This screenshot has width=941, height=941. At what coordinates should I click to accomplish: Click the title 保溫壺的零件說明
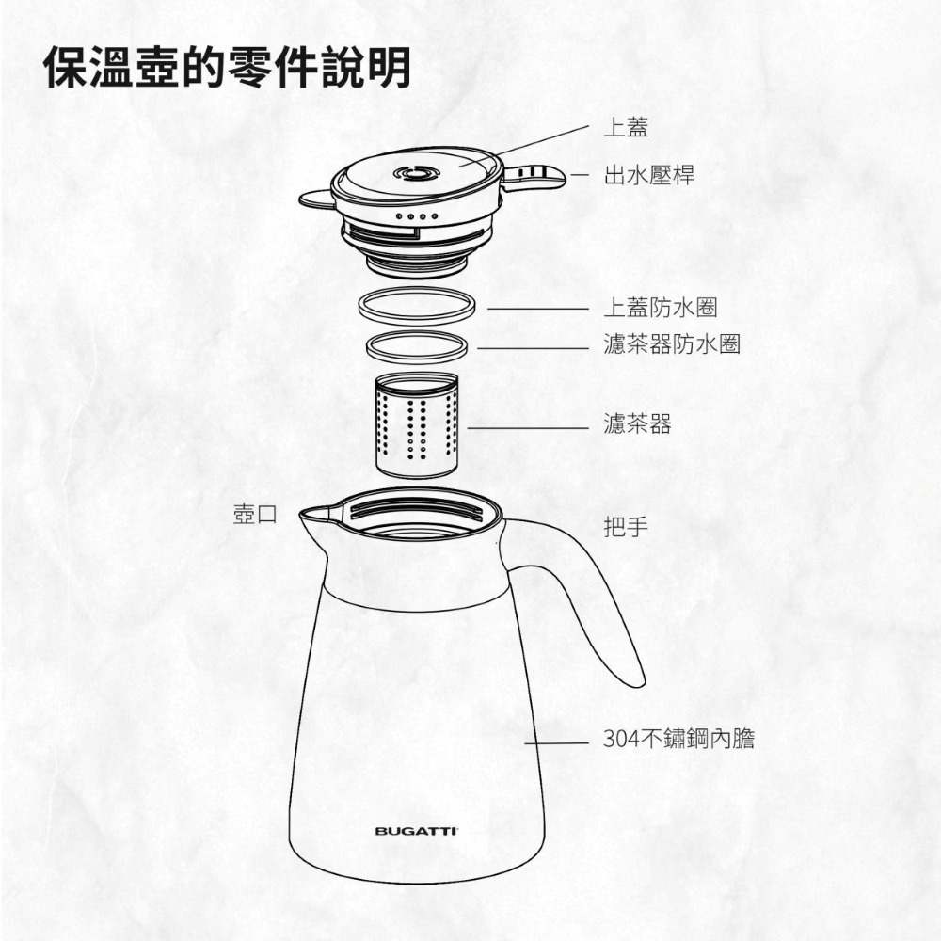(x=228, y=68)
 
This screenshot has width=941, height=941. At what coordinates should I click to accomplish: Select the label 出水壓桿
(x=648, y=175)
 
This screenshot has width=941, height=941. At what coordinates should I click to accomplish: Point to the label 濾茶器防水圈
(x=671, y=345)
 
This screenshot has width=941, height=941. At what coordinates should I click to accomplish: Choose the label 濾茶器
(x=637, y=424)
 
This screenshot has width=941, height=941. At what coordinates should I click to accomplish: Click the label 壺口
(x=254, y=514)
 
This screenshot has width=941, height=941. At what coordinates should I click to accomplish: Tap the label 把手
(x=626, y=527)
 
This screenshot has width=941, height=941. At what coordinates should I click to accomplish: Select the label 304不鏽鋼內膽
(x=678, y=740)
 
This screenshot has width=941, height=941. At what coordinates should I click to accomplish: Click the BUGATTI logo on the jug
(x=416, y=831)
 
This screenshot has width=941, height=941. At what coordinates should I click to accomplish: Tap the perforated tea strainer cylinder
(x=416, y=425)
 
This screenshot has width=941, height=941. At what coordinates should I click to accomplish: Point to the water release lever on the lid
(x=535, y=175)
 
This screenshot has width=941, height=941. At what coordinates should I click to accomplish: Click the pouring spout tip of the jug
(x=307, y=515)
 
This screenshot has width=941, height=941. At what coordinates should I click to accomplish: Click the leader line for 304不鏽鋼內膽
(x=556, y=742)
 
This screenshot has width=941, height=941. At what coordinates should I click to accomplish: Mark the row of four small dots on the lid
(x=414, y=217)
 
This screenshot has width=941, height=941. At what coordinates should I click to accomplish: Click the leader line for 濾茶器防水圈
(x=533, y=348)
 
